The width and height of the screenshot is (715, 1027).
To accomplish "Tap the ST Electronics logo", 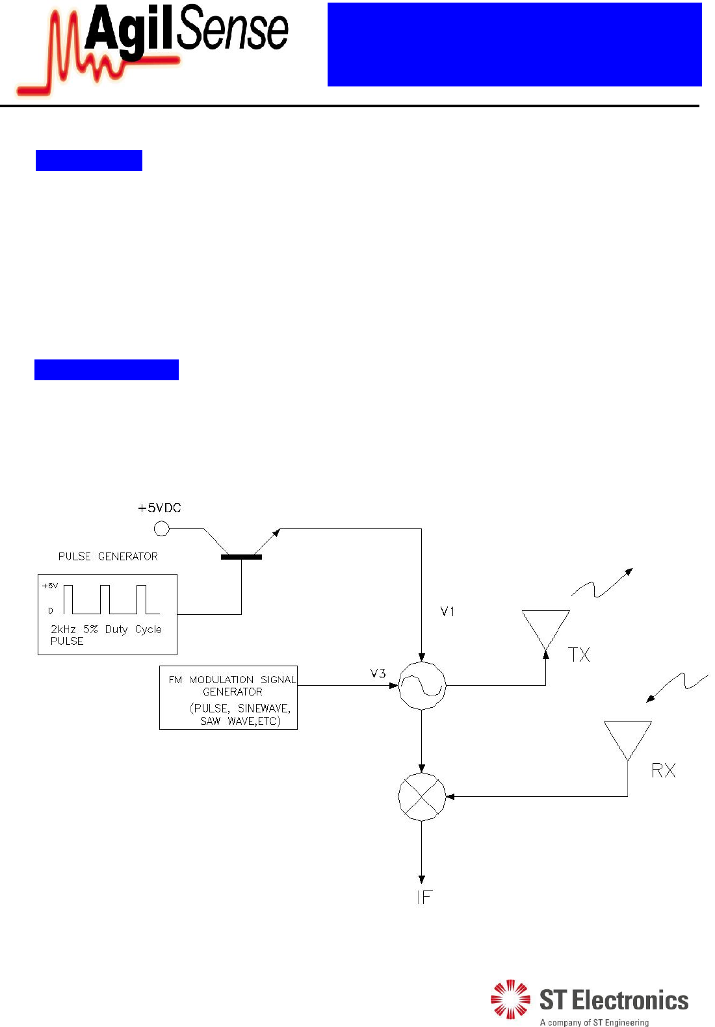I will coord(589,1002).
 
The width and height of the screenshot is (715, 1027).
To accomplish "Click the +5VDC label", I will coord(159,508).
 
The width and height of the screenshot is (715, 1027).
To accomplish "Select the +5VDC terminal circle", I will coord(161,529).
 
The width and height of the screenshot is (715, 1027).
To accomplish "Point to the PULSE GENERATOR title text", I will coord(108,556).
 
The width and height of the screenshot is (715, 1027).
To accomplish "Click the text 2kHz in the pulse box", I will coord(63,629).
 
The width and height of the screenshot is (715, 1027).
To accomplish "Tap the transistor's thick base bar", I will coord(241,557).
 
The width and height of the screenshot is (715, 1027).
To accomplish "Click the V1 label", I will coord(447,612).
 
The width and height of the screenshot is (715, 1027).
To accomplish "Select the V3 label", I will coord(378,673).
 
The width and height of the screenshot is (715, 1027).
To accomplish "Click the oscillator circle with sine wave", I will coord(422,686).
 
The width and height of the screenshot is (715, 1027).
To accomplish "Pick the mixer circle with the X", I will coord(422,797).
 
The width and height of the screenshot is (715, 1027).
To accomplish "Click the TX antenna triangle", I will coord(546,626).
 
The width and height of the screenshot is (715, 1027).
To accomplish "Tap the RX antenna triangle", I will coord(627,737).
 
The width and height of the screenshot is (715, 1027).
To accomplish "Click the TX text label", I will coord(578,655).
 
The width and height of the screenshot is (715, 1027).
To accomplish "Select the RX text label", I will coord(664,771).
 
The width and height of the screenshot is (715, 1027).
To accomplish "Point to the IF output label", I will coord(424,898).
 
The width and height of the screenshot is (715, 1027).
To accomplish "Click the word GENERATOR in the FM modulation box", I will coord(233,692).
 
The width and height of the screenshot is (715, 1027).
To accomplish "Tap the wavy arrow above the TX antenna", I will coord(602,583).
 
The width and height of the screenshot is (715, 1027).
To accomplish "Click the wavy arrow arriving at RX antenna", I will coord(677,686).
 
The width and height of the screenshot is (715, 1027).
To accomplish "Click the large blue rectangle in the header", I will coord(514,44).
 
